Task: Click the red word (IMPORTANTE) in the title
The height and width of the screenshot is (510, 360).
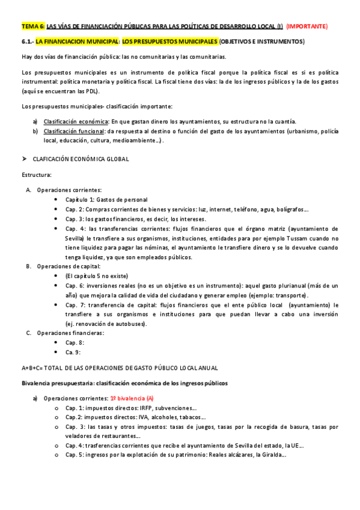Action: pos(307,26)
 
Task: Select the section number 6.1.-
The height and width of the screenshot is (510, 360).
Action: pos(27,41)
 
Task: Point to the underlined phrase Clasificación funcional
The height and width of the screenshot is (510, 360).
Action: pos(71,131)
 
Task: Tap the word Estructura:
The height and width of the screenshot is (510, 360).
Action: pos(37,175)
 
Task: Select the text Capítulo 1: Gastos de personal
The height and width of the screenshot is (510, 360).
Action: pos(106,200)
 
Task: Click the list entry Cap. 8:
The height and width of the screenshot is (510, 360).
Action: pos(75,342)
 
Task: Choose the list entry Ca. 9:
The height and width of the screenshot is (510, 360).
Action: pos(73,352)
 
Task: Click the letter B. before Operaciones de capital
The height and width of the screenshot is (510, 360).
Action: pos(29,266)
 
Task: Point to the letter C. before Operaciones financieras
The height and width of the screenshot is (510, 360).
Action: pos(29,333)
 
